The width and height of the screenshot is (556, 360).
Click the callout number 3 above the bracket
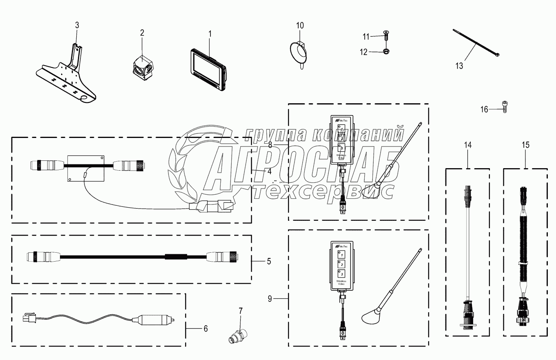point(77,25)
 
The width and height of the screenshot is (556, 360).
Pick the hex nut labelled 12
point(385,51)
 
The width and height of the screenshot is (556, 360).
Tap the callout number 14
point(467,144)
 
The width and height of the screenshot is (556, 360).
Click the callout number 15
point(525,144)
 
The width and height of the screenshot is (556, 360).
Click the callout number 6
point(205,328)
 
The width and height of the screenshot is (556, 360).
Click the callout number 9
point(270,299)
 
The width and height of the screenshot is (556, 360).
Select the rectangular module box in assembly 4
point(86,168)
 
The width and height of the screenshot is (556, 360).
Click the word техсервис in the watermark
point(322,191)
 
